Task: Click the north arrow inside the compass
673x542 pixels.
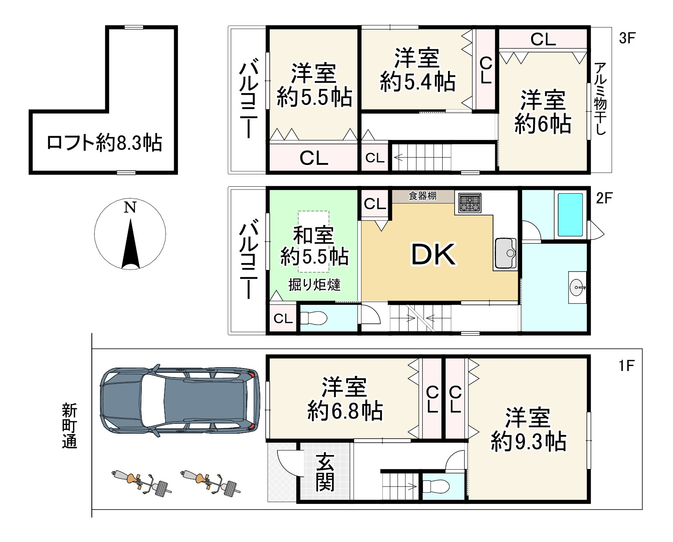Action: point(131,244)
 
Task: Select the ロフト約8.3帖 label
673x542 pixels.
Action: point(105,143)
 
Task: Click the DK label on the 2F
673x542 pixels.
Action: point(433,254)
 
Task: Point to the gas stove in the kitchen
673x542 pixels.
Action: point(470,203)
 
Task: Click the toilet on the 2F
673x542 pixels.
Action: point(314,318)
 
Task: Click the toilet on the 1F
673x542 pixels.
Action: point(436,486)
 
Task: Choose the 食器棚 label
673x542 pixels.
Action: point(423,196)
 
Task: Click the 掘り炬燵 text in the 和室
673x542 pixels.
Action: point(314,284)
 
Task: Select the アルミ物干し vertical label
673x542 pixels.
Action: point(601,98)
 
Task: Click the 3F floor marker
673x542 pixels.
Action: point(626,38)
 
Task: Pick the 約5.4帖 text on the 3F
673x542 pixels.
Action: point(417,82)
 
